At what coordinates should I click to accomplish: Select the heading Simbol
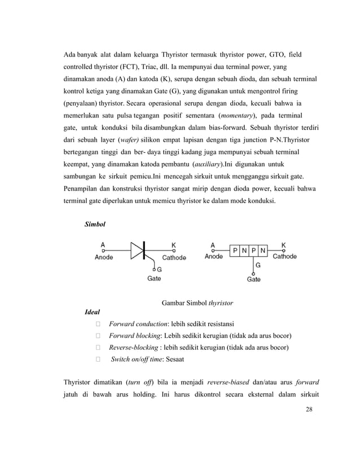click(x=94, y=224)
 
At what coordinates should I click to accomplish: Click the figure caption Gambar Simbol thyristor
click(x=197, y=302)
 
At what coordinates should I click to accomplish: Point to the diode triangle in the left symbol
click(x=138, y=250)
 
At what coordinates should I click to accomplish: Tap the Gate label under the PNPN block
click(x=254, y=279)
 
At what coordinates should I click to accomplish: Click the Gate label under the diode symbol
click(x=154, y=278)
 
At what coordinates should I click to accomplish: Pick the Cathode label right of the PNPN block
click(x=284, y=257)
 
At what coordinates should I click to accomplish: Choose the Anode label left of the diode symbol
click(x=104, y=257)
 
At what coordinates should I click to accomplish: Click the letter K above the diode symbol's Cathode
click(x=173, y=245)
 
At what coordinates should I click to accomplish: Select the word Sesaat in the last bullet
click(x=173, y=359)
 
